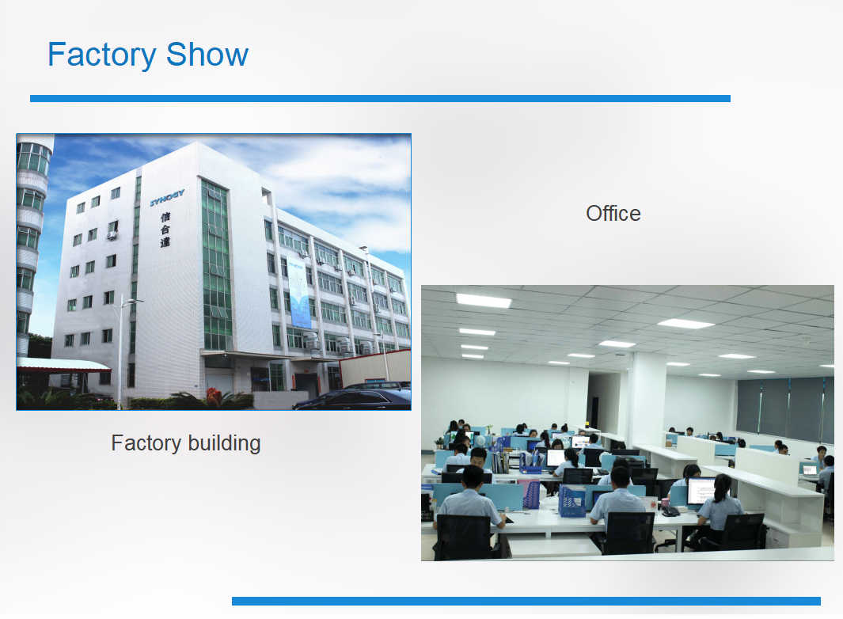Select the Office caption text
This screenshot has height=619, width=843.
613,213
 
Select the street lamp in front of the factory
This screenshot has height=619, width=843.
120,348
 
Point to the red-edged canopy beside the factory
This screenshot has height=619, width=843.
63,365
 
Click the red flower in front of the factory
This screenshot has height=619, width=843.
213,393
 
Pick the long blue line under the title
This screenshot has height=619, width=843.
380,98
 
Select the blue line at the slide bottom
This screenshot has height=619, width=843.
526,601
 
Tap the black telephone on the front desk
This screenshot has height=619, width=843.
671,511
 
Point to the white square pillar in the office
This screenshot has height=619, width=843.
647,396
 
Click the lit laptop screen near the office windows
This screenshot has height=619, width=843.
809,469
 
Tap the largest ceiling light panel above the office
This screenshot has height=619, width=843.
484,301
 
